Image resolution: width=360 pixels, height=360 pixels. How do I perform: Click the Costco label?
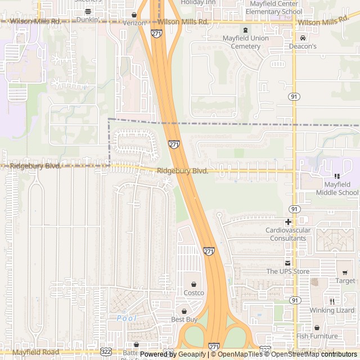pyautogui.click(x=193, y=292)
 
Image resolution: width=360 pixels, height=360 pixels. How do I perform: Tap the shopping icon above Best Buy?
pyautogui.click(x=183, y=311)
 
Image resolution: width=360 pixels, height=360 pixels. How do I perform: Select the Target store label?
pyautogui.click(x=345, y=281)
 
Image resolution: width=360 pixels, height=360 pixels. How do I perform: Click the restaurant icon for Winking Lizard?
pyautogui.click(x=332, y=301)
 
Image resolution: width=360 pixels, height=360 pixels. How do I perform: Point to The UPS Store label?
pyautogui.click(x=288, y=272)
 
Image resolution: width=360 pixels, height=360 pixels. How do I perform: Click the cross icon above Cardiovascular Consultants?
pyautogui.click(x=287, y=222)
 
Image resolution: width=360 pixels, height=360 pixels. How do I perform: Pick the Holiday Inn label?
pyautogui.click(x=198, y=3)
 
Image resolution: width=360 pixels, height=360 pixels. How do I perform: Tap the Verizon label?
pyautogui.click(x=134, y=23)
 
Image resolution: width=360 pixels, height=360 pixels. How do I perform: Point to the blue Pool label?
pyautogui.click(x=127, y=318)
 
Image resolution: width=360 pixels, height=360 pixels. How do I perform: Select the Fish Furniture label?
pyautogui.click(x=317, y=336)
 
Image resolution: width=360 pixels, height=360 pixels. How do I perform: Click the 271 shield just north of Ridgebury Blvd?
pyautogui.click(x=174, y=145)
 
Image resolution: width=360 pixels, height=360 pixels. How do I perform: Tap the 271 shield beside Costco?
pyautogui.click(x=209, y=251)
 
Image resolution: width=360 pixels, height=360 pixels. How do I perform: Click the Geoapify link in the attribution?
pyautogui.click(x=192, y=354)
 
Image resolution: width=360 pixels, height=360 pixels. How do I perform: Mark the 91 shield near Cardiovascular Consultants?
pyautogui.click(x=295, y=209)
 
